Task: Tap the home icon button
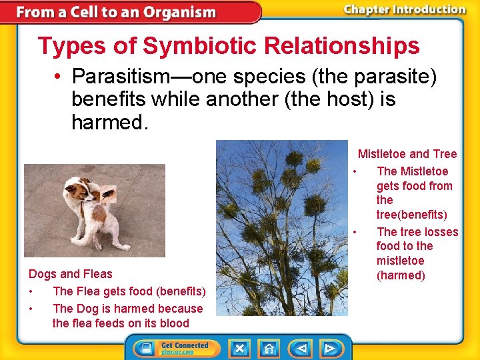point(269,348)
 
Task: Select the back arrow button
point(302,348)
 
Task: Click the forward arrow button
point(329,348)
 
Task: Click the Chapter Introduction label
point(404,9)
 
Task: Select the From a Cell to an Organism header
point(117,12)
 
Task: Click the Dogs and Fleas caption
point(71,274)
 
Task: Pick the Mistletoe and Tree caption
point(407,154)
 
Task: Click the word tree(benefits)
point(411,215)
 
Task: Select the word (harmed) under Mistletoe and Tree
point(401,275)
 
